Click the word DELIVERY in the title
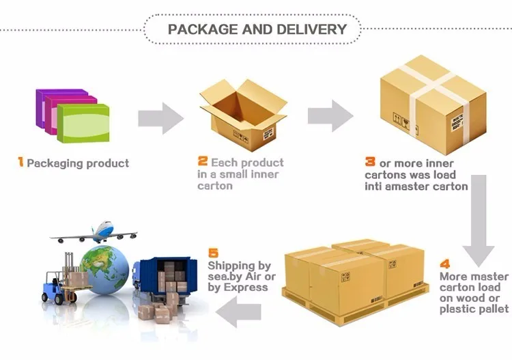(309, 29)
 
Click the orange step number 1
(20, 163)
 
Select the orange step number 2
(202, 162)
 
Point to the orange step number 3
(370, 162)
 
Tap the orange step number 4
(445, 264)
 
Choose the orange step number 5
(212, 252)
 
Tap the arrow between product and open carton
(160, 117)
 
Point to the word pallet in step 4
(492, 309)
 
